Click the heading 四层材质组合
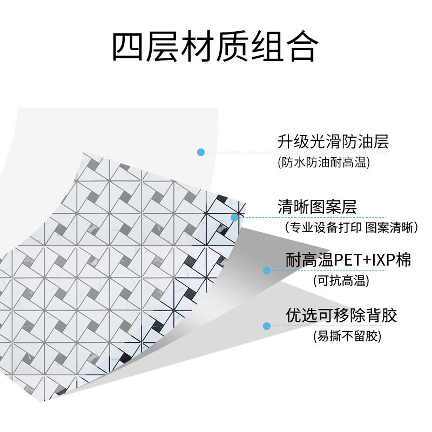(x=214, y=47)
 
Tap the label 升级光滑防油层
(x=333, y=142)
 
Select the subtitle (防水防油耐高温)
(x=324, y=163)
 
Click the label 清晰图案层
(x=317, y=206)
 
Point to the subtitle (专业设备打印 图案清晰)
(x=351, y=227)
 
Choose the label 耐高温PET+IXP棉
(x=348, y=260)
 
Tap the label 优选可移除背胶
(x=341, y=315)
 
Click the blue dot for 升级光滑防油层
(x=201, y=152)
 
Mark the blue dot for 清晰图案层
(x=234, y=218)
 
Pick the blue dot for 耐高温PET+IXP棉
(x=266, y=270)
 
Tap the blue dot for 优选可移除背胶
(x=266, y=326)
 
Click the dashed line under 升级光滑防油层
(x=297, y=152)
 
